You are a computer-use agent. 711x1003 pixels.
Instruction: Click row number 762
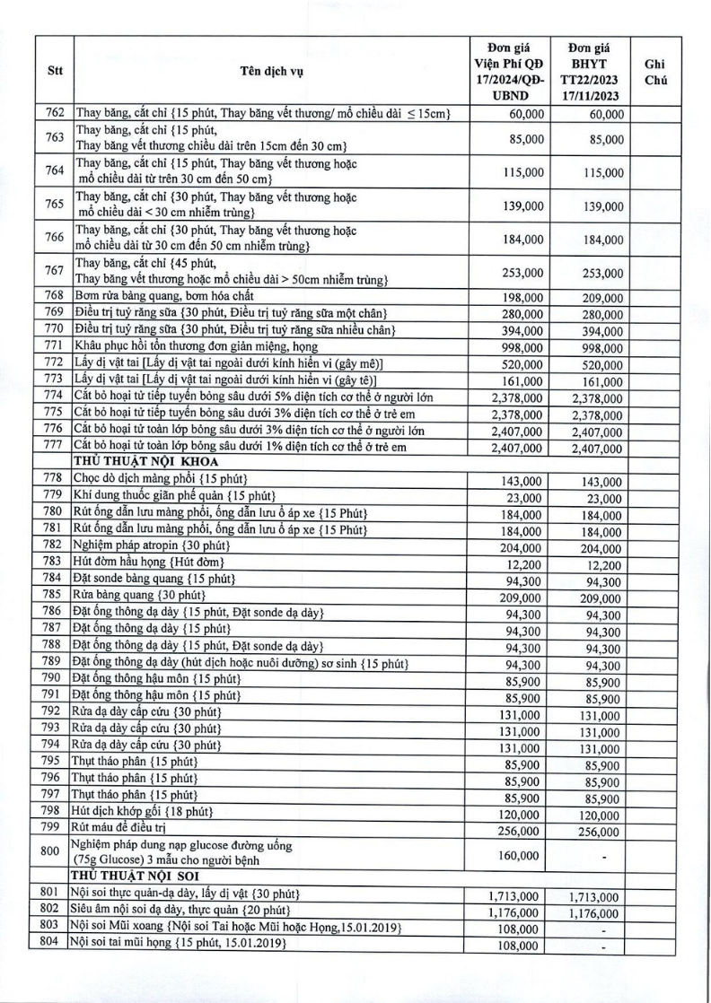coord(54,114)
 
